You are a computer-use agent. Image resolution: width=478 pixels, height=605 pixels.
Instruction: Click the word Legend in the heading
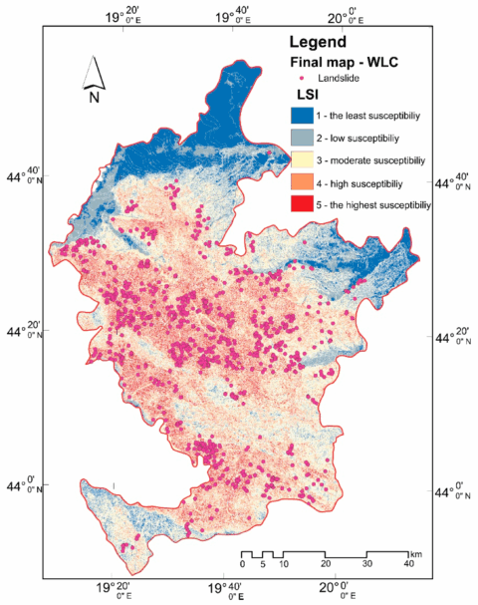click(x=318, y=43)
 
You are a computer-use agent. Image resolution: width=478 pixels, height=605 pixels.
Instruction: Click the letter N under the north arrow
click(x=93, y=98)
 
